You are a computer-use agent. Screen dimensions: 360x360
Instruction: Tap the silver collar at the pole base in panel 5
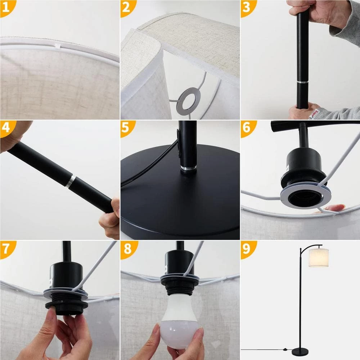[188, 168]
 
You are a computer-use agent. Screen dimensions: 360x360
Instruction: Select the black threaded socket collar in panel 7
[67, 306]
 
